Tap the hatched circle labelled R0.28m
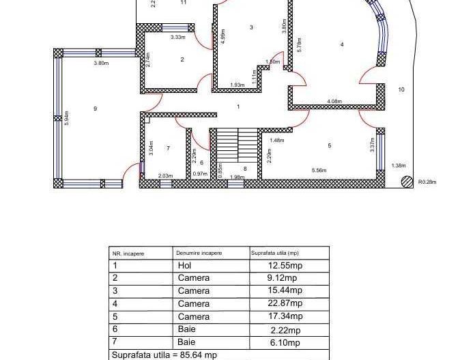coord(407,182)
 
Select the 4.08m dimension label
coord(334,102)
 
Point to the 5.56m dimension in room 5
coord(319,169)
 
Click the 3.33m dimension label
coord(177,38)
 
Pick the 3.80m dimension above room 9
coord(101,63)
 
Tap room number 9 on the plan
coord(95,109)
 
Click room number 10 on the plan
coord(401,89)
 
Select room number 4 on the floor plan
coord(341,45)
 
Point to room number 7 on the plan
coord(168,148)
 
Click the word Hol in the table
coord(184,266)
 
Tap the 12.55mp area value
coord(285,266)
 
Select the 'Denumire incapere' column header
coord(199,253)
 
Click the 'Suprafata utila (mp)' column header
coord(275,253)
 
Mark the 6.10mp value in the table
coord(284,342)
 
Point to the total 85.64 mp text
coord(164,355)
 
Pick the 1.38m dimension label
coord(399,165)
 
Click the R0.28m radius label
coord(427,182)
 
